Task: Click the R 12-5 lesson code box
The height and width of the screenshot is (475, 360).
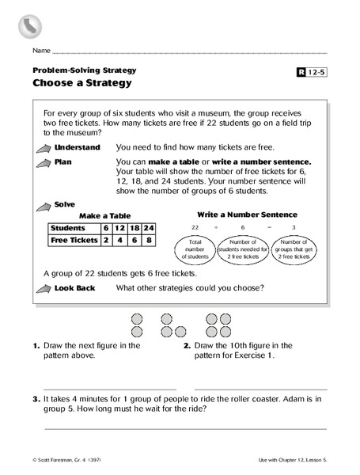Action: pos(313,73)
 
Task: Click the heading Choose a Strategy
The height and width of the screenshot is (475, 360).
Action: pos(81,82)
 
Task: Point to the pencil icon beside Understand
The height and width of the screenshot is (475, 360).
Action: pos(43,149)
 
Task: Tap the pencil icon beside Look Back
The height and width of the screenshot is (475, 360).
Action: pos(43,288)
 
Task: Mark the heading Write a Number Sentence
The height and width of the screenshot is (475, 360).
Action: pos(247,214)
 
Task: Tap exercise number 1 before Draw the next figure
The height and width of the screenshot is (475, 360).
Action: pos(36,345)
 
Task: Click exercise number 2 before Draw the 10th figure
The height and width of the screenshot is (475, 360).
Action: pos(187,345)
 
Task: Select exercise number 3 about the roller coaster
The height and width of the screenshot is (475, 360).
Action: pos(36,398)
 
